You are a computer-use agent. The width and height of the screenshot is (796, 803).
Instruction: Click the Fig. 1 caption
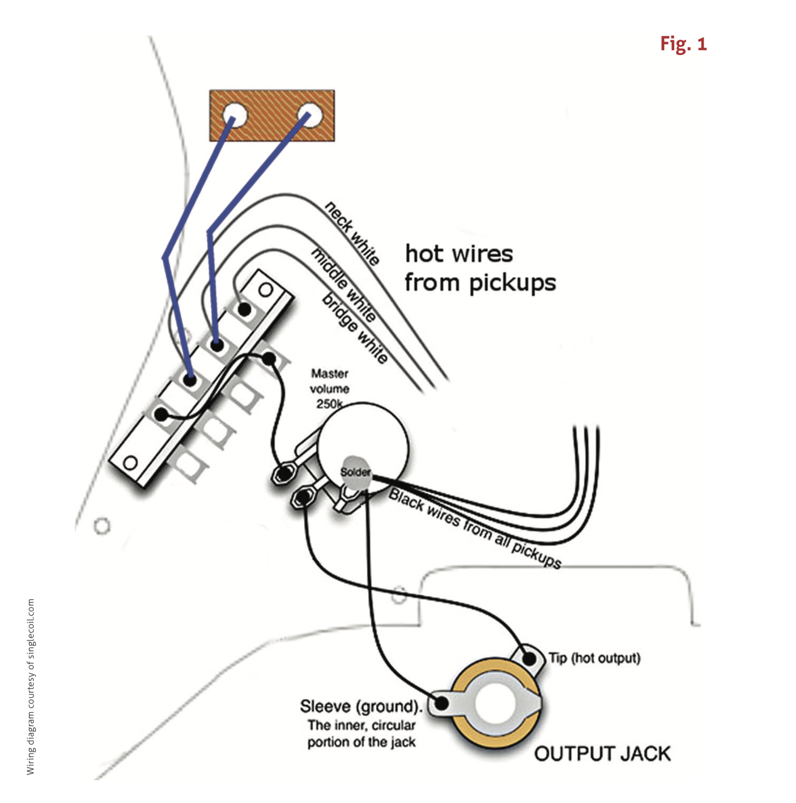tap(683, 44)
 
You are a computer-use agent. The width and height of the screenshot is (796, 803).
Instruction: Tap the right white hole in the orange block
tap(310, 115)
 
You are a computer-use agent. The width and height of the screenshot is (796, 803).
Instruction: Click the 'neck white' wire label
tap(352, 233)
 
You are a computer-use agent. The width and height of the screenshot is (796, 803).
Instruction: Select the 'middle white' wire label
tap(344, 285)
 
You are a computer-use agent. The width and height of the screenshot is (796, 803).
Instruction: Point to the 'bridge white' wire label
tap(354, 328)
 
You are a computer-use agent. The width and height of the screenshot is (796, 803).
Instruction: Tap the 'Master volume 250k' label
tap(329, 388)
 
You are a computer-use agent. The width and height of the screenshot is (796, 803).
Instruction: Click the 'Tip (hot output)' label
tap(594, 658)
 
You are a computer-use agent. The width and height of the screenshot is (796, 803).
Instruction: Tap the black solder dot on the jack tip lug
tap(529, 658)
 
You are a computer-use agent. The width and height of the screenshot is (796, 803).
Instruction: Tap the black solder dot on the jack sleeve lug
tap(442, 703)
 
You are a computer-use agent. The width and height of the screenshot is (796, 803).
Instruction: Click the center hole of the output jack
tap(496, 704)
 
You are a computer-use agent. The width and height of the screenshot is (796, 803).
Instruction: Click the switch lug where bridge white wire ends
tap(245, 310)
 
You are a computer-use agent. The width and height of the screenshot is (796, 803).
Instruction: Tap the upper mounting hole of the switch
tap(266, 290)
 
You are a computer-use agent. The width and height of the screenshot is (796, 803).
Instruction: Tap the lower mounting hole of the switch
tap(130, 463)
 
